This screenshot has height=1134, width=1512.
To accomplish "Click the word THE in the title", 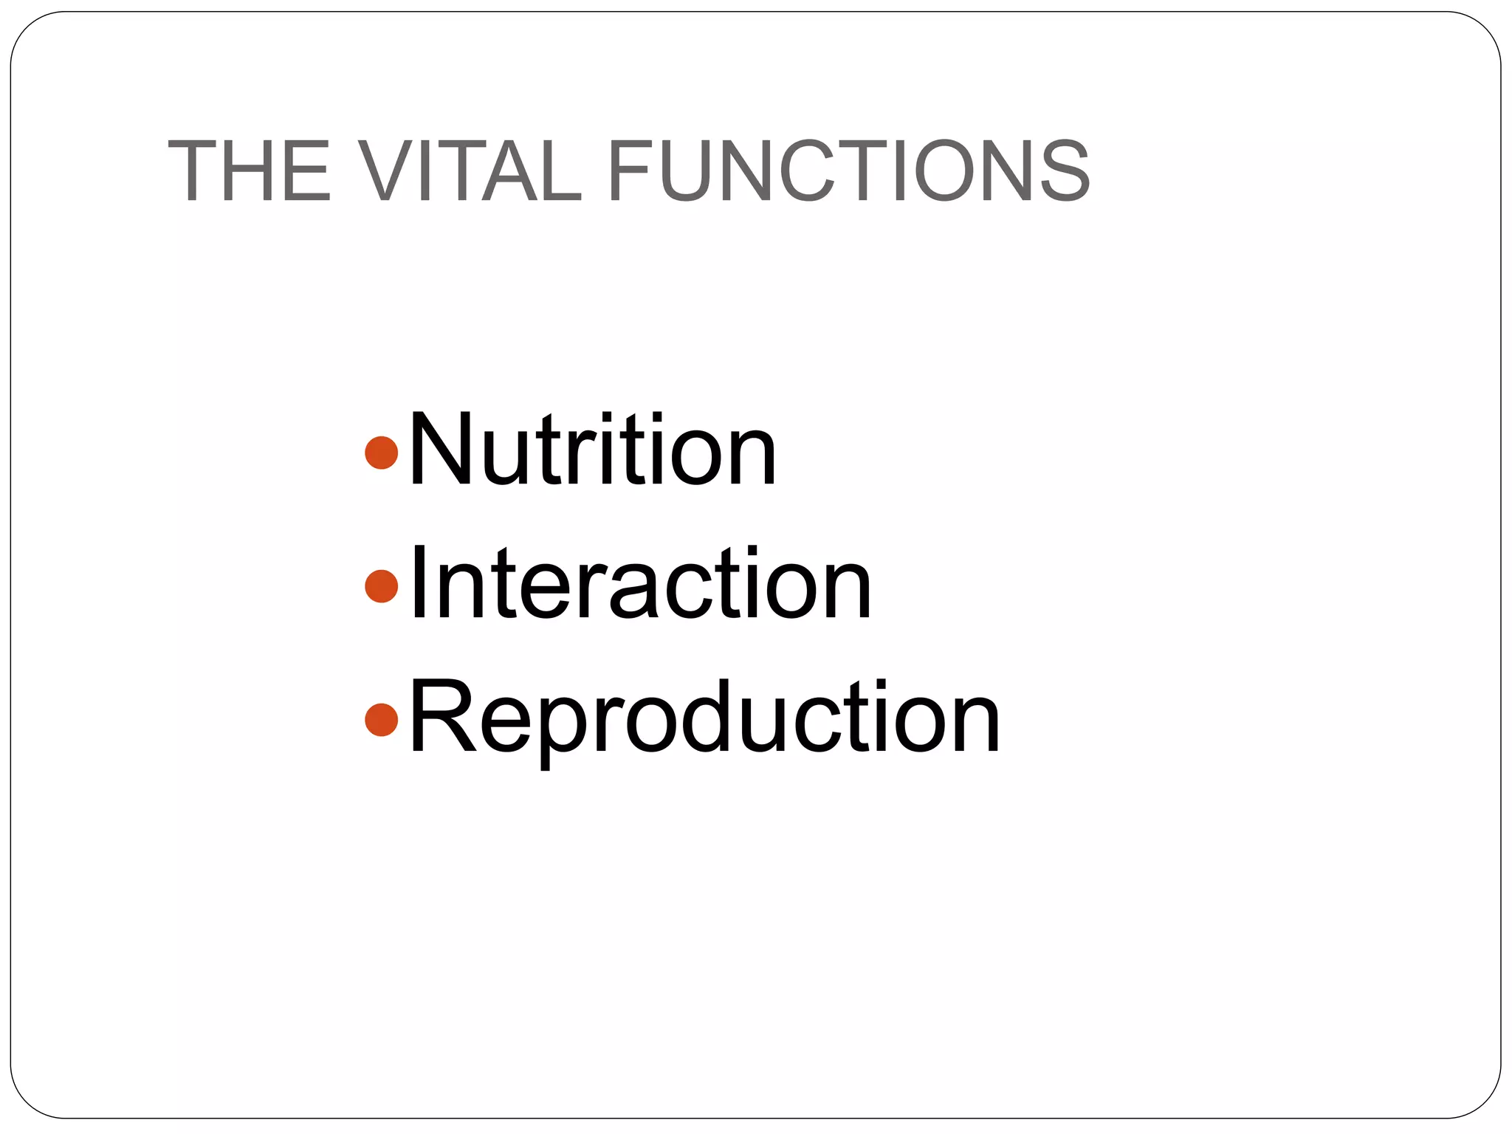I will (x=250, y=171).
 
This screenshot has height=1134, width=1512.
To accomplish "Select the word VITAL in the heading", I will (x=468, y=171).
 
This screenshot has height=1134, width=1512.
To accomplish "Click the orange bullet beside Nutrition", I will (x=382, y=453).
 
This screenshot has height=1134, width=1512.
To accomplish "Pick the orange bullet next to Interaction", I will (x=382, y=585).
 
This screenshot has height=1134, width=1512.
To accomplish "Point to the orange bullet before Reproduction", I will (x=382, y=719).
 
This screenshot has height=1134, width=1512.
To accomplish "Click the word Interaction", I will (x=640, y=585).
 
